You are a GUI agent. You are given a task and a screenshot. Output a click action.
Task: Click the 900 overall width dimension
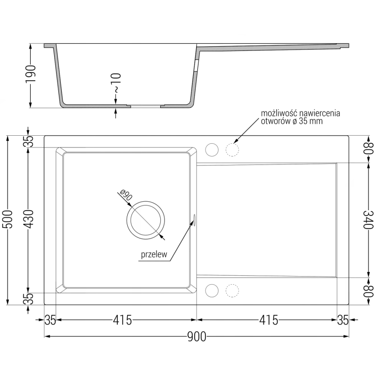tap(197, 336)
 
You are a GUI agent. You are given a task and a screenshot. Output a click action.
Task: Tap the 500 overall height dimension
tap(8, 220)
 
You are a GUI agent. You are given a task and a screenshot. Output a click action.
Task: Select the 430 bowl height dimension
tap(28, 219)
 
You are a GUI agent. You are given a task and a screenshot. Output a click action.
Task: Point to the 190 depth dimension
tap(31, 74)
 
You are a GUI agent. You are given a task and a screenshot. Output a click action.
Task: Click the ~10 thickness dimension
tap(116, 83)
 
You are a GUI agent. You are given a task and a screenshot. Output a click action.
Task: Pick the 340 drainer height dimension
tap(369, 220)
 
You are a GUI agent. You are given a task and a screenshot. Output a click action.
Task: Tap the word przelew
tap(154, 254)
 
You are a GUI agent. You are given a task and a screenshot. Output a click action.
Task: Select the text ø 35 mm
tap(308, 121)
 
